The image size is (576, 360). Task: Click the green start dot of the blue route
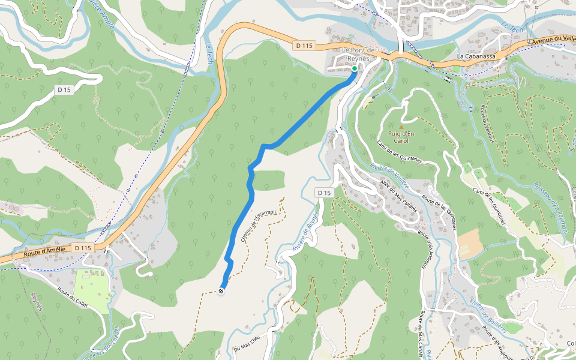354,69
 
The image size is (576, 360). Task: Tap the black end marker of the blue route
222,291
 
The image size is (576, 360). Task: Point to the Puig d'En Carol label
401,137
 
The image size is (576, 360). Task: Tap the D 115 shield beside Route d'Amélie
83,247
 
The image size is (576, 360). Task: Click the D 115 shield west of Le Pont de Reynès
304,45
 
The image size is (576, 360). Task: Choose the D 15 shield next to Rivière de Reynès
324,193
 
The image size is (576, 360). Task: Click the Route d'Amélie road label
44,254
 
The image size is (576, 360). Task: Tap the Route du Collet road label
73,296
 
